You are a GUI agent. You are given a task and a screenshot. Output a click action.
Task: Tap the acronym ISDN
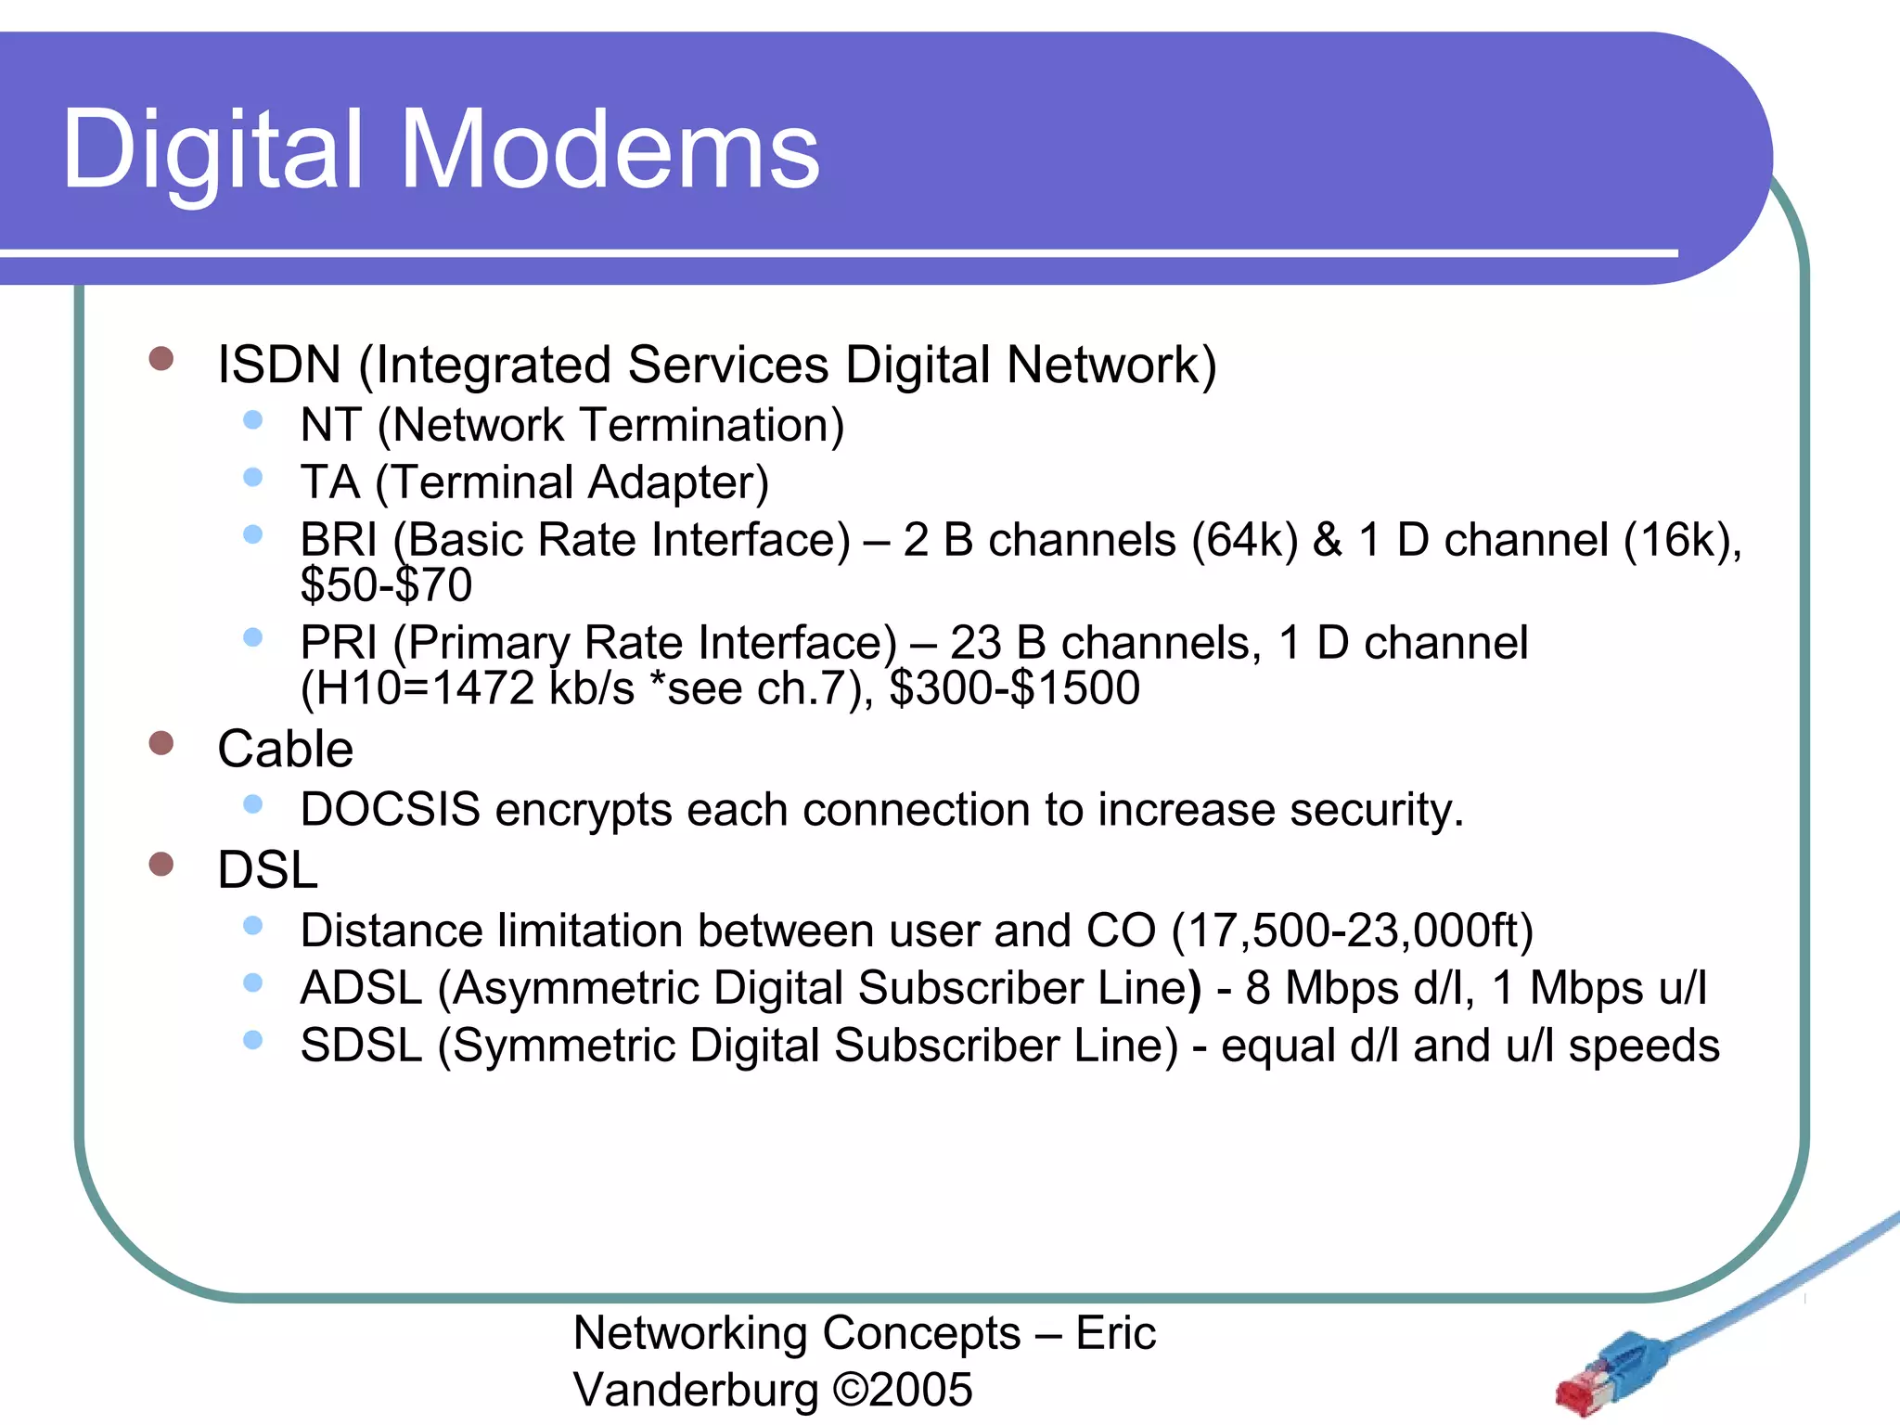[279, 365]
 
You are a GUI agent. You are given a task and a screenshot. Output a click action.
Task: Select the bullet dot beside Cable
[161, 743]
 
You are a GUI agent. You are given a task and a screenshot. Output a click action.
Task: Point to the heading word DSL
[267, 870]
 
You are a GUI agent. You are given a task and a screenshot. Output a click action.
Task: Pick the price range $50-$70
[386, 584]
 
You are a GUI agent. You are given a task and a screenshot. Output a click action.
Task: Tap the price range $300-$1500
[1014, 687]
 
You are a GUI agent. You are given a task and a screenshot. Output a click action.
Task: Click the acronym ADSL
[361, 987]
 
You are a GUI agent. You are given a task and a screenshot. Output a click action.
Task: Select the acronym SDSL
[361, 1046]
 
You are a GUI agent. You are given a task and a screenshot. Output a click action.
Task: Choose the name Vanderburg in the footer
[696, 1390]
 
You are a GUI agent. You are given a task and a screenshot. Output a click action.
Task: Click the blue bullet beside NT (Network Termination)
[252, 420]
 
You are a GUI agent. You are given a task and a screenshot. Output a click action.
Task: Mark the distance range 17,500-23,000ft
[1352, 931]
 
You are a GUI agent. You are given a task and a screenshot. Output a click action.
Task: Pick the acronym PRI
[339, 643]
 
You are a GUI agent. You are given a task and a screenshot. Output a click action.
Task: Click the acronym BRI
[339, 540]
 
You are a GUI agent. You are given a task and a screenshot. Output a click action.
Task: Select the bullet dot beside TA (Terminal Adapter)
[252, 478]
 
